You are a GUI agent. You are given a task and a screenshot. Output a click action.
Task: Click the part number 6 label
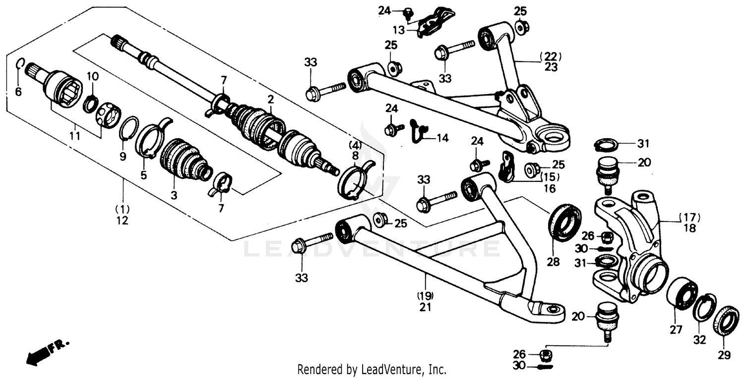click(x=18, y=92)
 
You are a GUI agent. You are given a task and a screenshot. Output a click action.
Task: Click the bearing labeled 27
click(x=682, y=294)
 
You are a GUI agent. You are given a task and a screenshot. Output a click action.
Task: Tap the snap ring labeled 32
click(x=703, y=308)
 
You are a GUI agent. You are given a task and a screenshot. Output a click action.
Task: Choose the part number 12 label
click(x=122, y=221)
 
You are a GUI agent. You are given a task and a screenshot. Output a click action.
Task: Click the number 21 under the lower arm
click(x=425, y=307)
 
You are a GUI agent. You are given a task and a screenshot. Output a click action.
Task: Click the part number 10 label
click(x=93, y=76)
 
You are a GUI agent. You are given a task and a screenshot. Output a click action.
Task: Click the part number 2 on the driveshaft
click(x=270, y=100)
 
